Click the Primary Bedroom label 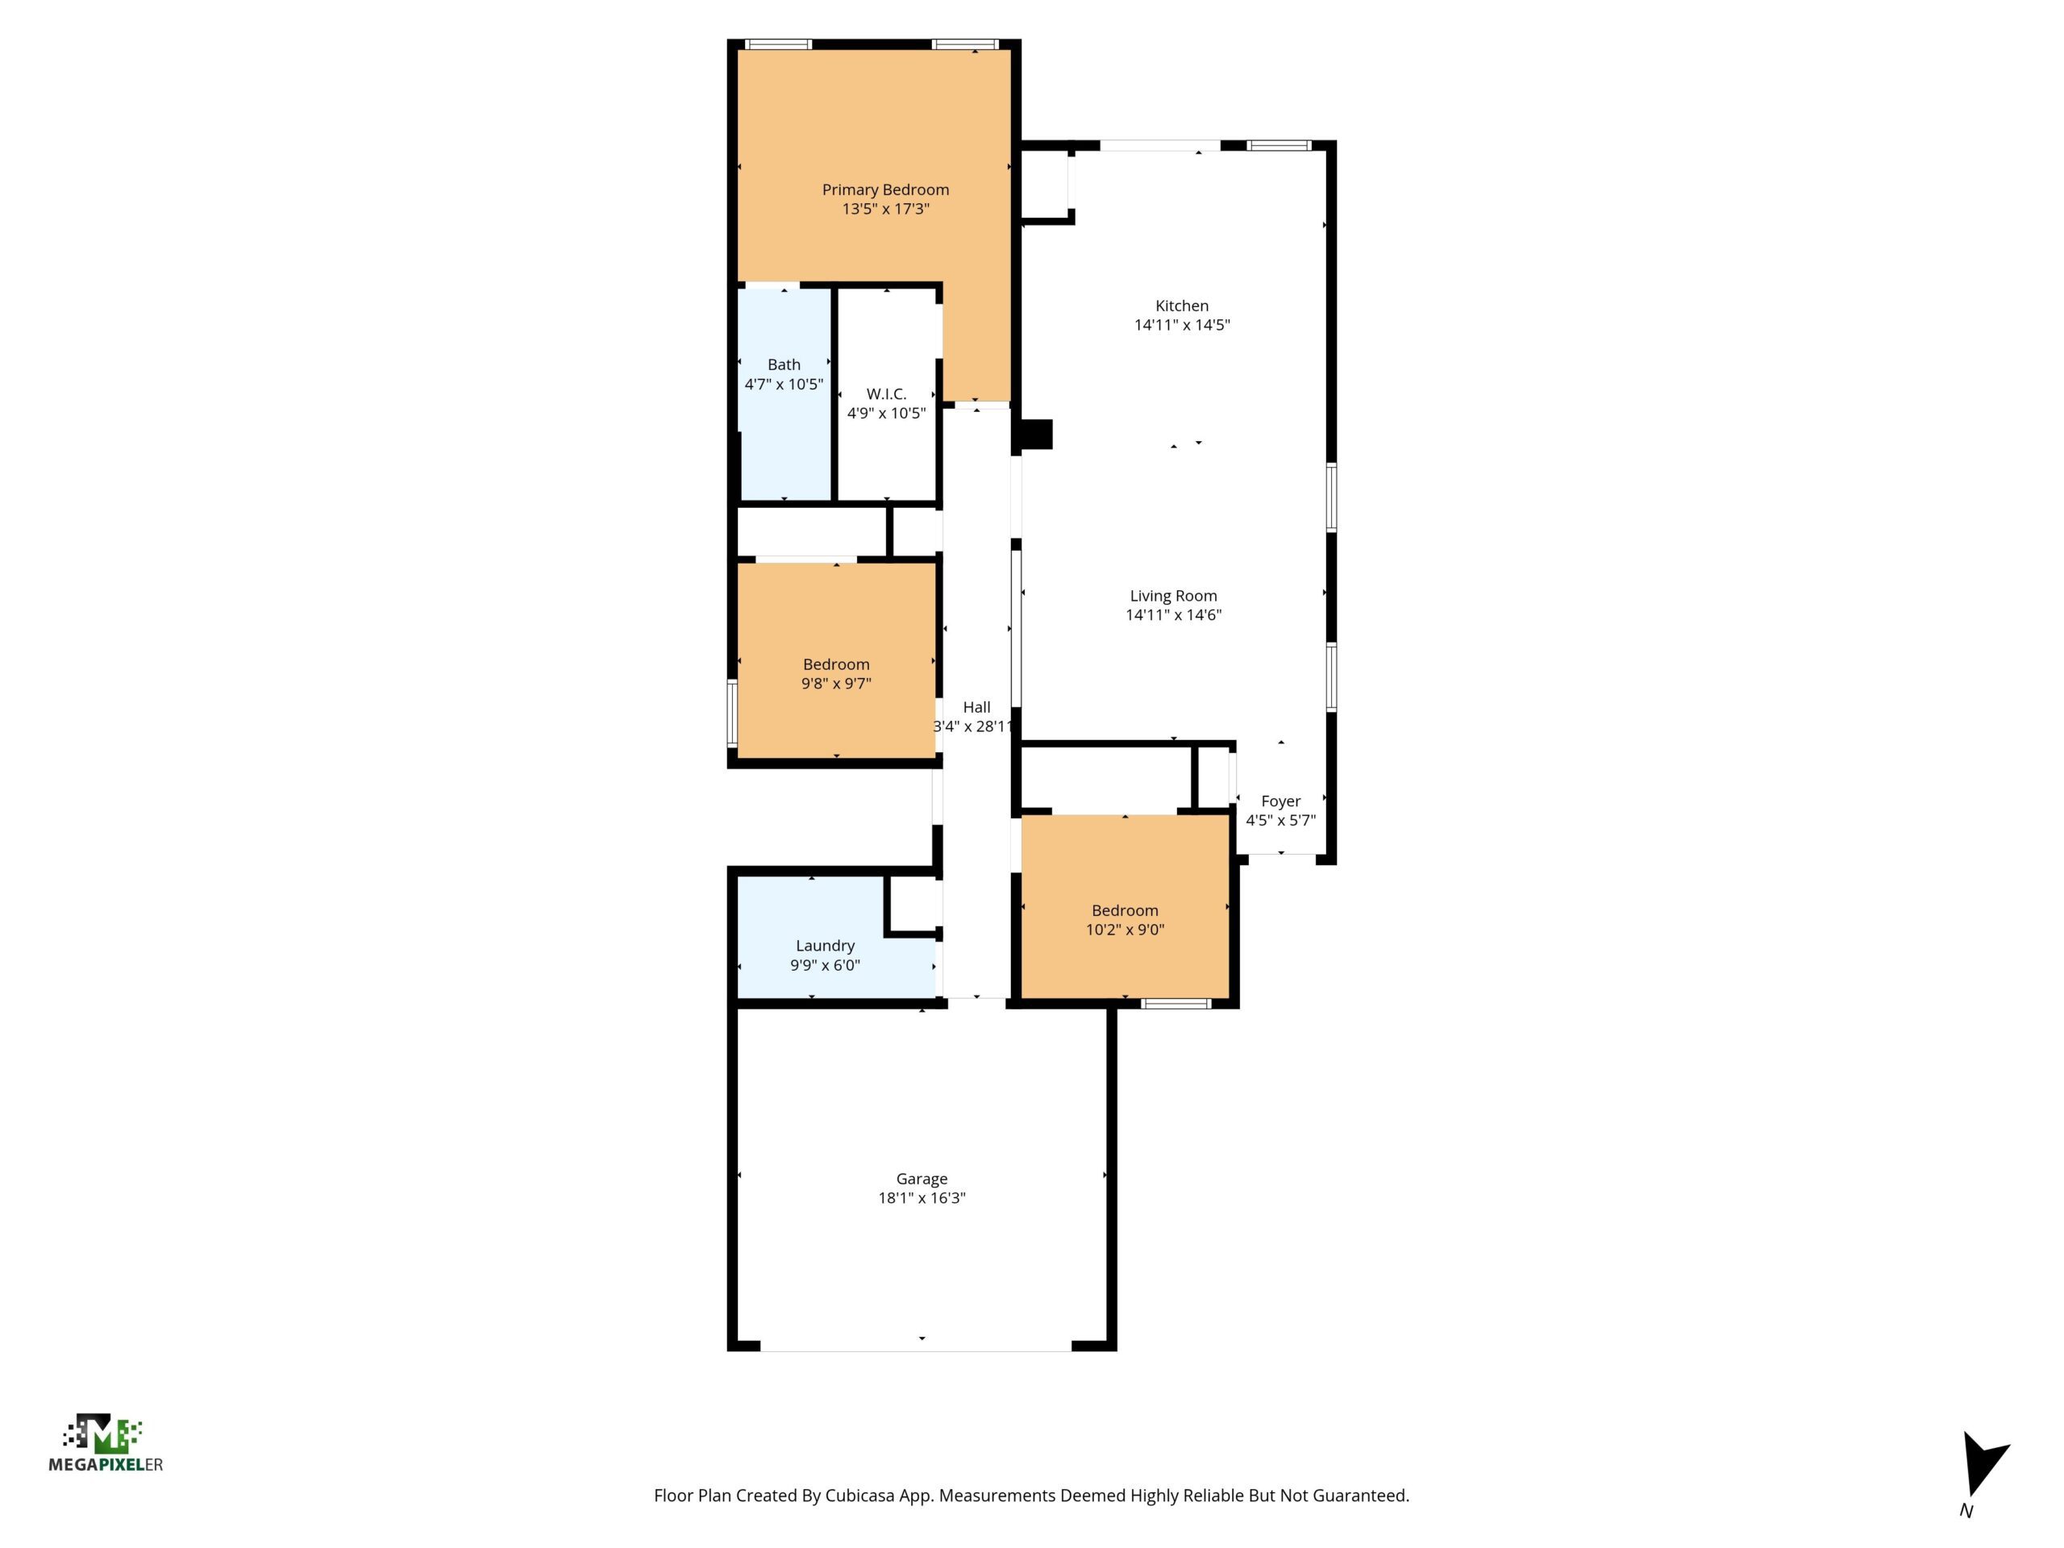pos(885,189)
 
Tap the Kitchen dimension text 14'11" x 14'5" pos(1182,325)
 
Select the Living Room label pos(1173,595)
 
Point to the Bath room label pos(784,365)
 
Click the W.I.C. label pos(886,393)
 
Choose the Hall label pos(977,707)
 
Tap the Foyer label pos(1280,801)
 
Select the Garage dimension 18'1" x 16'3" pos(922,1198)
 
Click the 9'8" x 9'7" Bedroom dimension pos(836,683)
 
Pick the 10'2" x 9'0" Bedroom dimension pos(1126,930)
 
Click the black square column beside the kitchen pos(1037,434)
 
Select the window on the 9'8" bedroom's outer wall pos(732,714)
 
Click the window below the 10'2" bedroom pos(1176,1004)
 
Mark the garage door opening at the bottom pos(915,1346)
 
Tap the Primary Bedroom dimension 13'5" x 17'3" pos(885,209)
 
